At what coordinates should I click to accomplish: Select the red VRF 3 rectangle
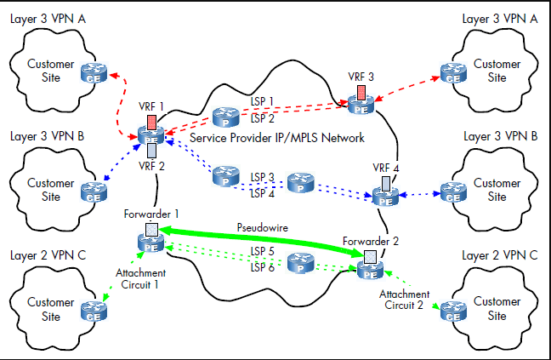[x=361, y=91]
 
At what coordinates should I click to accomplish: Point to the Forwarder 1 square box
[x=151, y=230]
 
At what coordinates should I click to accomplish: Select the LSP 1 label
[x=262, y=101]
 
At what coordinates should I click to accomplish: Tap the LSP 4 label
[x=262, y=192]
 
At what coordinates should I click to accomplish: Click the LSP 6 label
[x=262, y=268]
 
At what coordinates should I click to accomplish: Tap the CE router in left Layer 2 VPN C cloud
[x=90, y=311]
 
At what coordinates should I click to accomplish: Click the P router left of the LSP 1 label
[x=225, y=116]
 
